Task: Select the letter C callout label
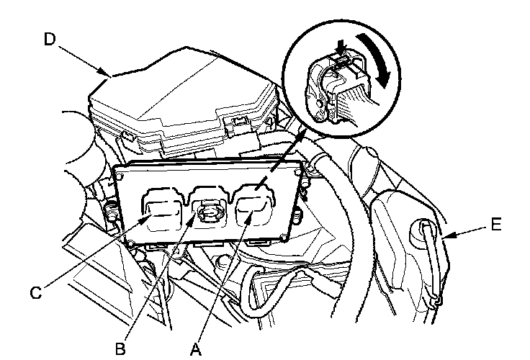pos(35,292)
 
